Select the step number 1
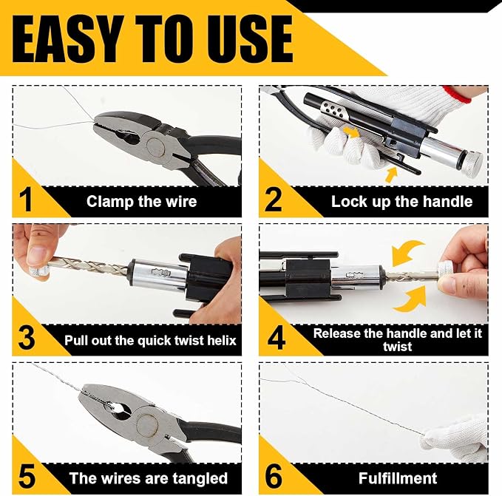(25, 200)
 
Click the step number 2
(273, 200)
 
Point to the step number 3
(27, 338)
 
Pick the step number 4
(276, 338)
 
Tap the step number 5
(27, 477)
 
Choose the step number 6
(274, 477)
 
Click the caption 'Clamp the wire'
(141, 202)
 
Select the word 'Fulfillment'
(398, 478)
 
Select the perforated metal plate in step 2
(333, 112)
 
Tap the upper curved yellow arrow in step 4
(407, 252)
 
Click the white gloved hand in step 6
(455, 438)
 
